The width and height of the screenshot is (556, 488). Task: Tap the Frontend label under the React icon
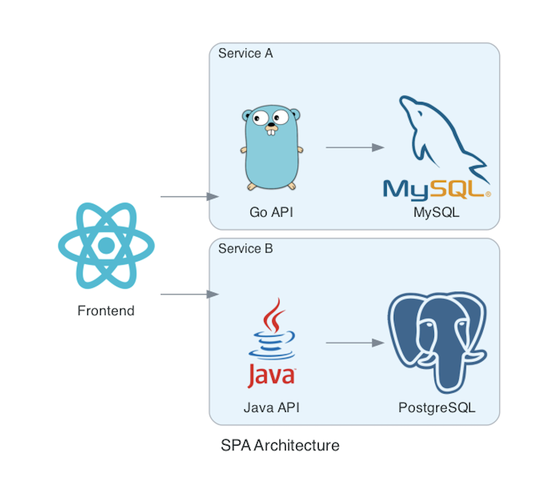coord(106,311)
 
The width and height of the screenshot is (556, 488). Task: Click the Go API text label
coord(271,212)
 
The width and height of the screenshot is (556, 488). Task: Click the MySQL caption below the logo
coord(436,212)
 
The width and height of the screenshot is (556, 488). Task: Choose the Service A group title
coord(246,53)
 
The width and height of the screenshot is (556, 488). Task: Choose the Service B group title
coord(246,249)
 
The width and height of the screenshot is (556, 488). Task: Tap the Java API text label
coord(271,407)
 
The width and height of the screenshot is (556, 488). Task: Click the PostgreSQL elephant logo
coord(437,340)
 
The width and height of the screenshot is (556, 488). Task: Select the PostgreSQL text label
coord(437,407)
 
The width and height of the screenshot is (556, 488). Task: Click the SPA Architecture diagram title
coord(280,445)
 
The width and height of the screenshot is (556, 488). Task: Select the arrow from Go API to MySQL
coord(355,147)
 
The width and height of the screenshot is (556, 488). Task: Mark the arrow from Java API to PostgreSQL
coord(355,343)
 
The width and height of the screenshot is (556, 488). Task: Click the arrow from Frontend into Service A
coord(189,197)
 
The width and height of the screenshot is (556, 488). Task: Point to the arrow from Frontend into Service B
coord(189,294)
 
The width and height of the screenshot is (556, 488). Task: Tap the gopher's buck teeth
coord(272,132)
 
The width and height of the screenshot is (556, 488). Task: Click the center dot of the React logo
coord(106,246)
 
